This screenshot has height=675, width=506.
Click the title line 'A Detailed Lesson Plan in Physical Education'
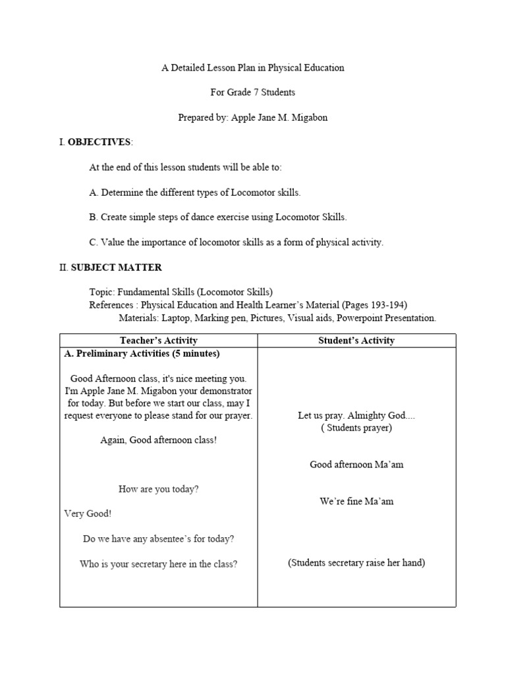[x=253, y=68]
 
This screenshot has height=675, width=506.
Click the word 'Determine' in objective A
[x=121, y=192]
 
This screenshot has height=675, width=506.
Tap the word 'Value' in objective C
[x=112, y=242]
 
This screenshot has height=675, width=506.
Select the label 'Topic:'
[x=102, y=291]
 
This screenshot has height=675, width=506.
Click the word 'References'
[x=113, y=305]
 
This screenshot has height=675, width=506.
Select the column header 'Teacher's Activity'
[x=158, y=340]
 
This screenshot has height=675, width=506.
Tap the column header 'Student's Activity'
[x=356, y=340]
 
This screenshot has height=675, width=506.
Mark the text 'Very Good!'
[x=88, y=514]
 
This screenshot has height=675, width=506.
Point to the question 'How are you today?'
[x=158, y=489]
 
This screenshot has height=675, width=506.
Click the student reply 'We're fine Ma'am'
[x=356, y=502]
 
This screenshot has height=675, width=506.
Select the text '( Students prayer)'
[x=356, y=428]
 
